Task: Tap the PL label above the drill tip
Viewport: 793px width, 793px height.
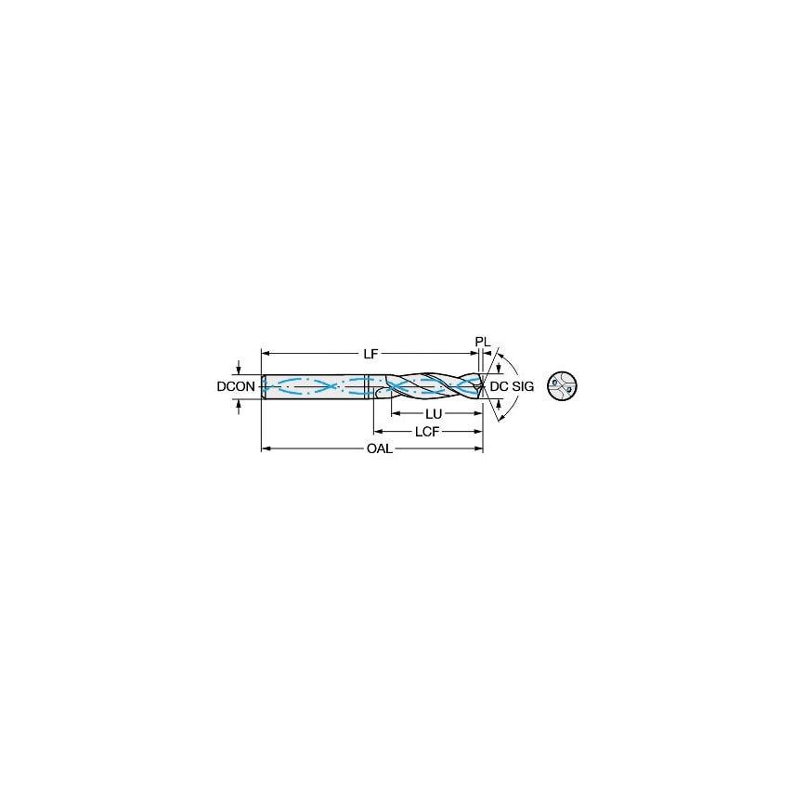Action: tap(482, 342)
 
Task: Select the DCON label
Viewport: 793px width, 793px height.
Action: tap(236, 386)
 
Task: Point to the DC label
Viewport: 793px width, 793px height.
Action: tap(499, 386)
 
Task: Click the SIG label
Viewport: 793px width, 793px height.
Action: tap(523, 386)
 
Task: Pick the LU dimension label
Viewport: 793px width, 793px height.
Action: tap(433, 413)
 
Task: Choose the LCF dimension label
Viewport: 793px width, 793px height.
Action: tap(427, 432)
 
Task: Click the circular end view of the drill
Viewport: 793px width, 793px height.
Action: tap(562, 386)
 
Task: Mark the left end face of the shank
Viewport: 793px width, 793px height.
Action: tap(263, 386)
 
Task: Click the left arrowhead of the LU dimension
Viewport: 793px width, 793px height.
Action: tap(395, 413)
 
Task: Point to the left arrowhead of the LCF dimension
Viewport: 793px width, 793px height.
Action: tap(378, 432)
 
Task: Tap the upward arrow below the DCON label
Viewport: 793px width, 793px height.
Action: tap(240, 403)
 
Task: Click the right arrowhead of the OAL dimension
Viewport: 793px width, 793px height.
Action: tap(479, 449)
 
